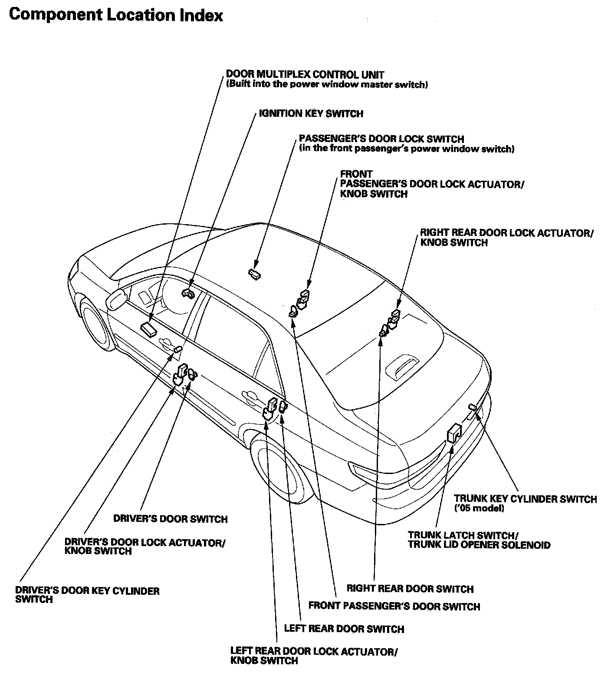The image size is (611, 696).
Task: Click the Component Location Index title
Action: (116, 15)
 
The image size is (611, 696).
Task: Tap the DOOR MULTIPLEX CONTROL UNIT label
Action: (305, 74)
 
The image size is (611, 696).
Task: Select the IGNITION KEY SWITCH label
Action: (311, 114)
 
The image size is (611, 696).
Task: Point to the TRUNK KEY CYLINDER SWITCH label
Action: (525, 499)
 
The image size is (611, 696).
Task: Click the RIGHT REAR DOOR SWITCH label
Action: (410, 589)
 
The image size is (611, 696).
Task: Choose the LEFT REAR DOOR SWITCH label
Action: (344, 629)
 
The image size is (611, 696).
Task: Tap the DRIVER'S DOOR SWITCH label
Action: (170, 519)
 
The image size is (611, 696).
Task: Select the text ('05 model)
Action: (479, 508)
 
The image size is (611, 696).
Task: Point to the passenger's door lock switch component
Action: (254, 273)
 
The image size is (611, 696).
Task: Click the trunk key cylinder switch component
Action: (473, 408)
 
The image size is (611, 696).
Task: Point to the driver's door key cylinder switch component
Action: (177, 349)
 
